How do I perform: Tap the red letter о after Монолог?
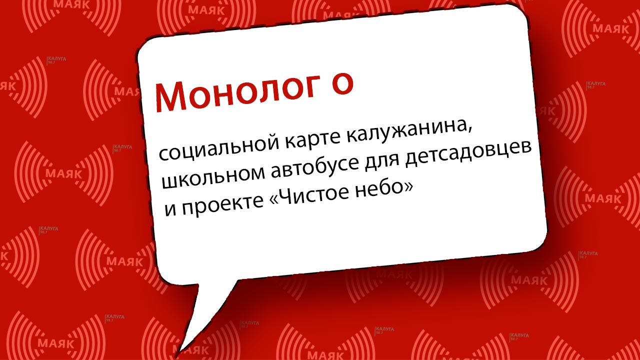342,84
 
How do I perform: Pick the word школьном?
213,176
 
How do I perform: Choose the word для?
382,162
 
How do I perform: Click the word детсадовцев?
468,153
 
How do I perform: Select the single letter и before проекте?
170,210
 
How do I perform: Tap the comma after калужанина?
469,132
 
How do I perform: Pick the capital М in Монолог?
170,97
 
